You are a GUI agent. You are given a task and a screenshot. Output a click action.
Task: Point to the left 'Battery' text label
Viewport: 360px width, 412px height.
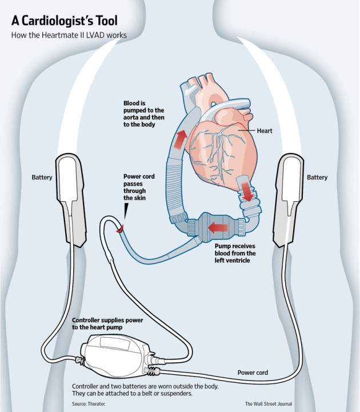pos(42,178)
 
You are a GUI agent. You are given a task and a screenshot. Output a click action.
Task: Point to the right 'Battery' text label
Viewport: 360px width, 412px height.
pos(317,178)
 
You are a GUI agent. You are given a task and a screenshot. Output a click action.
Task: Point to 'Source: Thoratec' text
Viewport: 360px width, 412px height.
pos(92,403)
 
